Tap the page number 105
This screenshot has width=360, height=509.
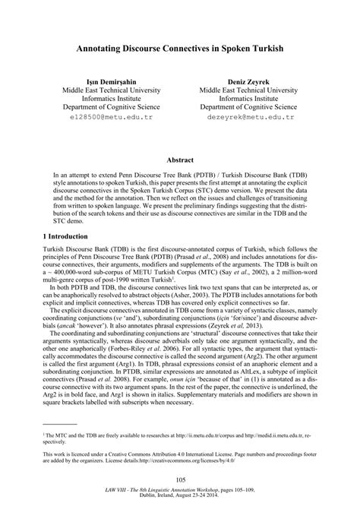tap(180, 480)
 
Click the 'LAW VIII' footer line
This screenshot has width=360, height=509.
tap(180, 491)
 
